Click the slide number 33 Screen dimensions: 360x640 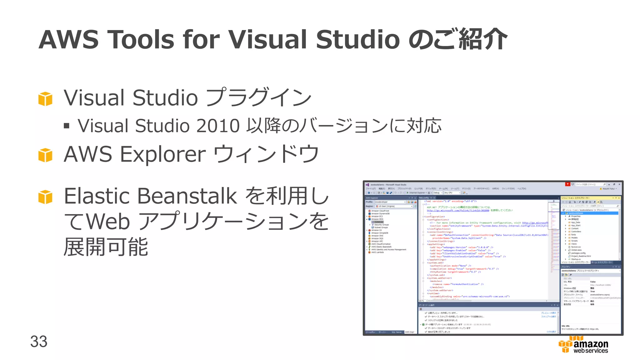(39, 341)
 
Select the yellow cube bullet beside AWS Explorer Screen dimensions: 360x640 (45, 155)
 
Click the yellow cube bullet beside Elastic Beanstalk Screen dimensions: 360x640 (45, 197)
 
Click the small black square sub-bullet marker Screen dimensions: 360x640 (66, 126)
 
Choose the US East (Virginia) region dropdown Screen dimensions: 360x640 (394, 206)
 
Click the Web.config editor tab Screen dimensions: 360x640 (424, 198)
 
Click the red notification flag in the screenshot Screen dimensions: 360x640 (567, 184)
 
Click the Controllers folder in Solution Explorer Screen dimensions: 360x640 (576, 232)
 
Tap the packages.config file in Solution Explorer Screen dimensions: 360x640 (578, 253)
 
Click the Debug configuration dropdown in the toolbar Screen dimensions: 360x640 (437, 193)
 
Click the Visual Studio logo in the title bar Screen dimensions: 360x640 (367, 185)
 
